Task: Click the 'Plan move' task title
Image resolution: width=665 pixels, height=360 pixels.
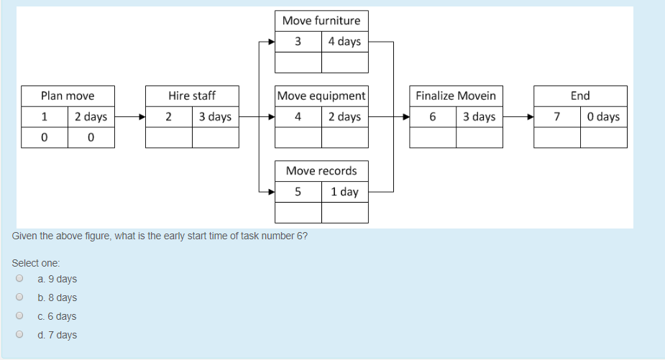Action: coord(68,96)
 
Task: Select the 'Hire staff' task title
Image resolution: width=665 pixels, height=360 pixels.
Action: coord(192,96)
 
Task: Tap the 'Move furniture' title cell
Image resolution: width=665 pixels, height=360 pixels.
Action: coord(321,21)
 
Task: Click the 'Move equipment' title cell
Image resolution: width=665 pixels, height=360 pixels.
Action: coord(321,96)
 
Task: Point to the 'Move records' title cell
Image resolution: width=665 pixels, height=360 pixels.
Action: coord(321,171)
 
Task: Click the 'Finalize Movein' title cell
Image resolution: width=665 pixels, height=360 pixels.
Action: coord(456,96)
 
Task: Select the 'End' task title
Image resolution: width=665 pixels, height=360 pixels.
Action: coord(580,96)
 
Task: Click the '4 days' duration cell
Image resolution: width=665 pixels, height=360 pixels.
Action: coord(344,42)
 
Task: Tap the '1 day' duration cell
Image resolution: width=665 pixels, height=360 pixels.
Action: coord(344,192)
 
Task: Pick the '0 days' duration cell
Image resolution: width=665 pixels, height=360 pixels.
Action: coord(603,116)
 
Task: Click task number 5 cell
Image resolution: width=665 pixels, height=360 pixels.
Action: coord(298,192)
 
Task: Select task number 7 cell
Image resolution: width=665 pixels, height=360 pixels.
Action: coord(557,116)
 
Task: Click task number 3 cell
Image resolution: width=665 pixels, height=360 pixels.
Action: coord(298,42)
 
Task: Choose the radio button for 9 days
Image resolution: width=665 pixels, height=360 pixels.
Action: coord(19,279)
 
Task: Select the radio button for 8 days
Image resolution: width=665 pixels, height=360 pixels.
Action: coord(19,297)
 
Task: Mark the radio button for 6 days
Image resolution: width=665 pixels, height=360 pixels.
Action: coord(19,316)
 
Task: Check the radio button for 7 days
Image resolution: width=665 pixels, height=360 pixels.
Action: coord(19,335)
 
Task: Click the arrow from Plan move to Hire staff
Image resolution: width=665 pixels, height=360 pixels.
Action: coord(129,116)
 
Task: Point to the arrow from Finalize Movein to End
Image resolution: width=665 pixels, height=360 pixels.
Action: coord(518,116)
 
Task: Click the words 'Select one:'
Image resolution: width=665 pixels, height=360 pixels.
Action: coord(36,263)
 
